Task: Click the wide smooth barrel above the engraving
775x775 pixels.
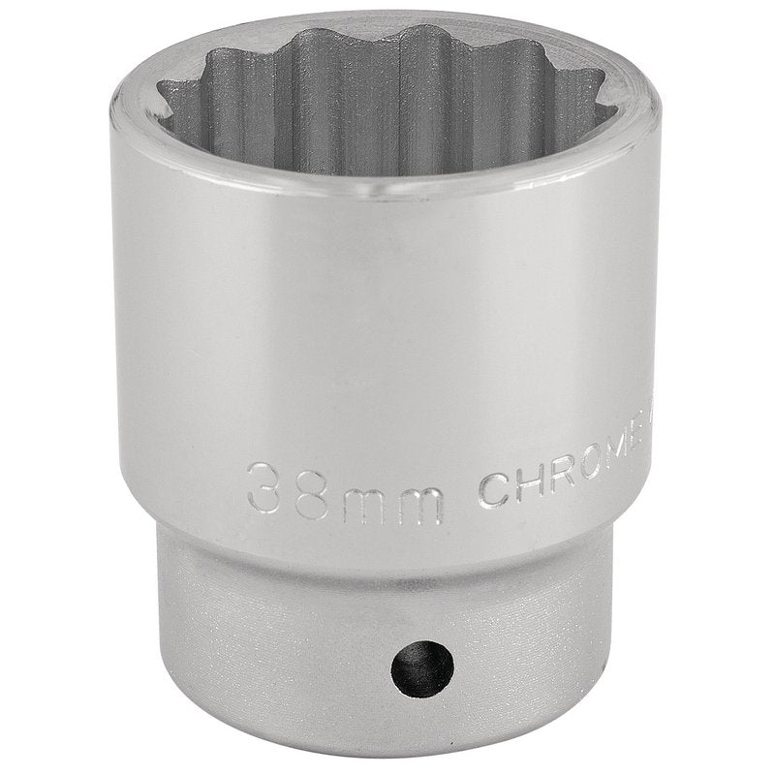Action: [x=387, y=329]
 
